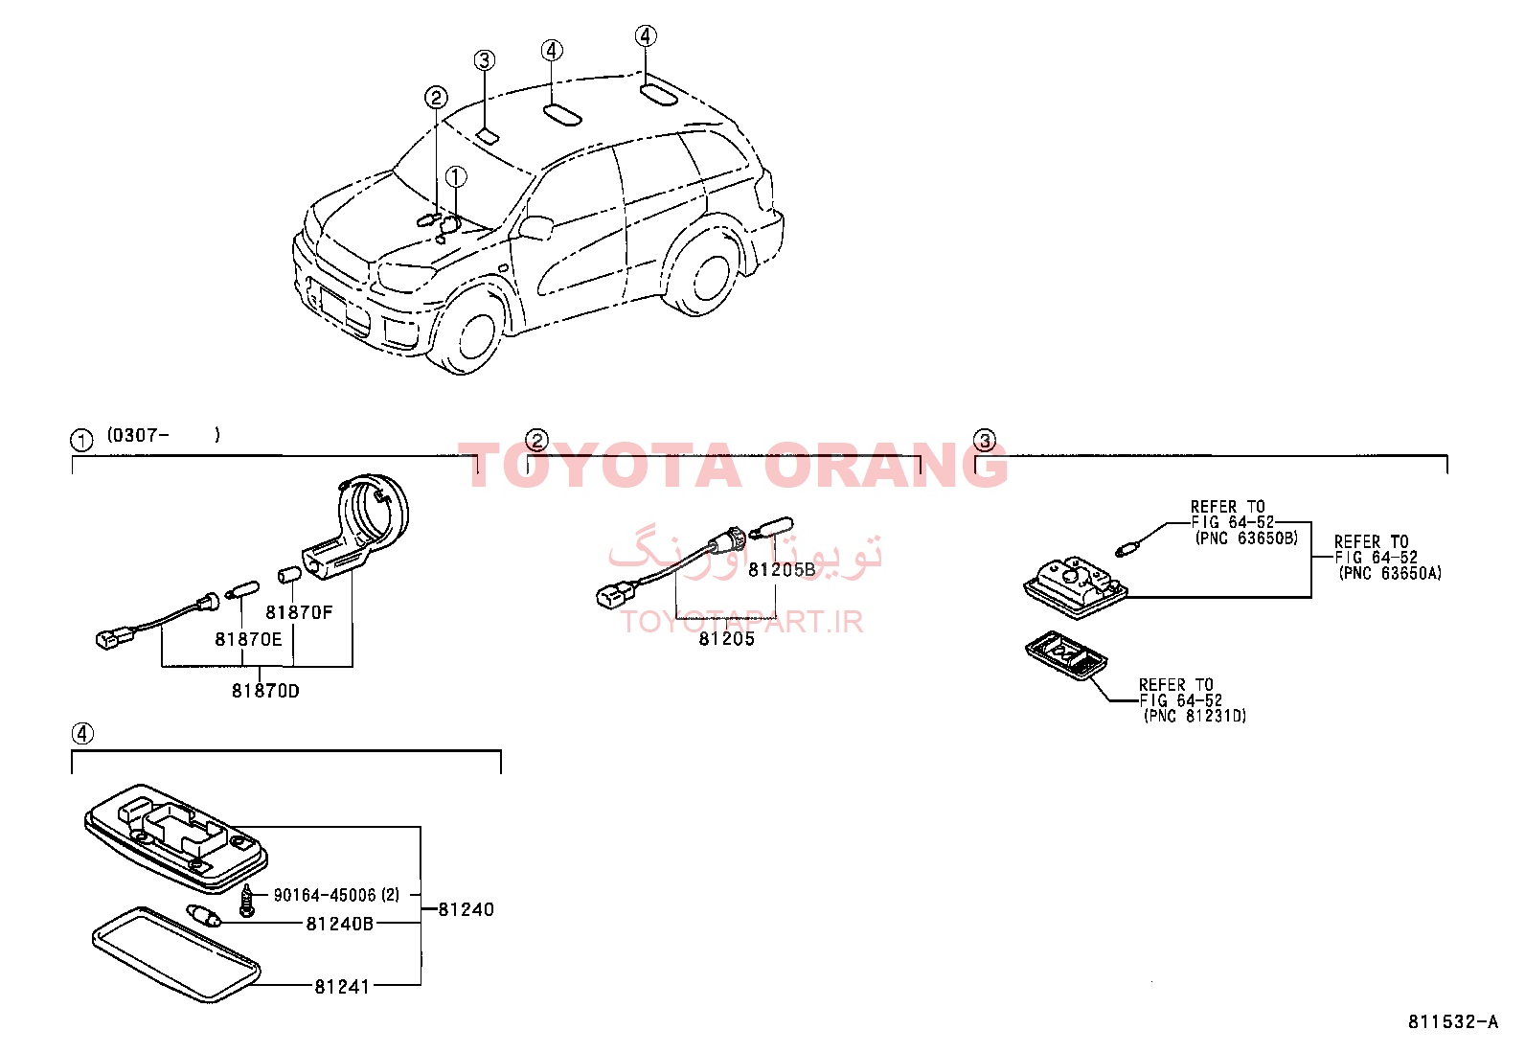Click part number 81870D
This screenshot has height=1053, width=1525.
pos(265,691)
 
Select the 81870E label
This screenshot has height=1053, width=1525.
pos(248,639)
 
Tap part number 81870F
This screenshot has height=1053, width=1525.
pos(299,612)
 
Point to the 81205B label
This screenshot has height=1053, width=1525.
pos(782,569)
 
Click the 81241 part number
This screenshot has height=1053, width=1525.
pos(342,986)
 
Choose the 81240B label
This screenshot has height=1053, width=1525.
pos(340,924)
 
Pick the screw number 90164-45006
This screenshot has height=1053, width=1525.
pos(325,894)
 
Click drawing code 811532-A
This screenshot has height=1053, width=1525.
pos(1453,1021)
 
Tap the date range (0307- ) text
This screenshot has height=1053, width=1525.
pos(164,435)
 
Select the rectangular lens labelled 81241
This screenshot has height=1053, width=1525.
pos(176,954)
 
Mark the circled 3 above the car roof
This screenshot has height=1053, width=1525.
pos(484,60)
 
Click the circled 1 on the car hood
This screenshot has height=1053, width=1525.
pos(456,177)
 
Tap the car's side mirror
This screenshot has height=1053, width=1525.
pos(536,228)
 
